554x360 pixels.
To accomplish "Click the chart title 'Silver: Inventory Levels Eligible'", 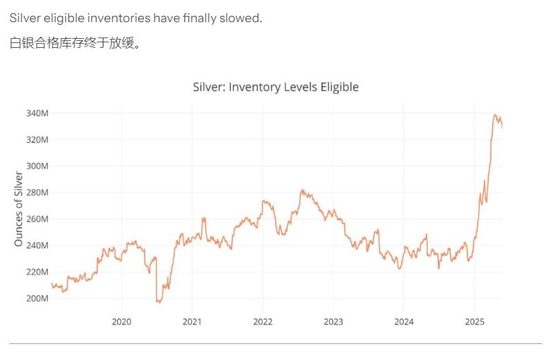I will [x=275, y=87].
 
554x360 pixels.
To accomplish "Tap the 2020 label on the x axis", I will [x=121, y=322].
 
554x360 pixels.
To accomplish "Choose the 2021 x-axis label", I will [x=192, y=322].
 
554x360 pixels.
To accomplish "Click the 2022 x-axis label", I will [x=263, y=322].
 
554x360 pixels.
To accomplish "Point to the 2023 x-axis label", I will [x=334, y=322].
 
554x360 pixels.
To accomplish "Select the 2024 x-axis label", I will [x=404, y=322].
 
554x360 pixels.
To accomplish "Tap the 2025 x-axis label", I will [x=475, y=322].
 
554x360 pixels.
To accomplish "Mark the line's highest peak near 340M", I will [x=495, y=115].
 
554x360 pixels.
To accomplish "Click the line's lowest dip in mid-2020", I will [x=159, y=302].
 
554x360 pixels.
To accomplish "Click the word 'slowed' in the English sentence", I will [x=241, y=18].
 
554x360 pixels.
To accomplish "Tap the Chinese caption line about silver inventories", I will [x=75, y=43].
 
